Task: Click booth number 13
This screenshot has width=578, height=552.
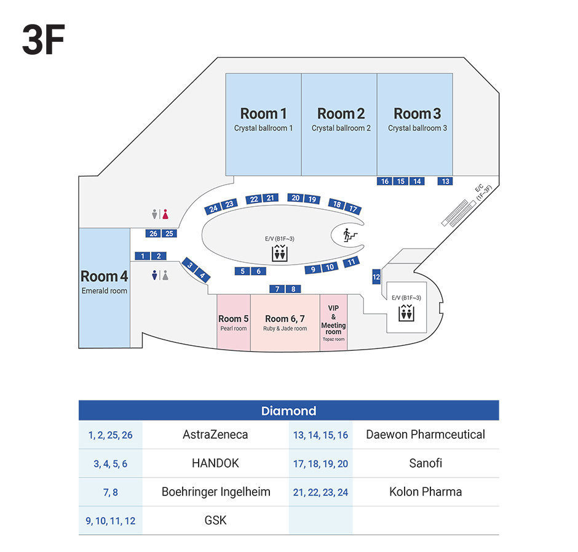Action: click(x=445, y=181)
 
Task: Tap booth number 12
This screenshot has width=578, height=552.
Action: click(x=376, y=278)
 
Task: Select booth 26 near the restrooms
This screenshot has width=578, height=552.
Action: click(x=154, y=233)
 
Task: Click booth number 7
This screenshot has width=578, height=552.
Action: click(x=277, y=289)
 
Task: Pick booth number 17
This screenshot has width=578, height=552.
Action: click(x=353, y=209)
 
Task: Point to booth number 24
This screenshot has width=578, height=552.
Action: click(x=213, y=209)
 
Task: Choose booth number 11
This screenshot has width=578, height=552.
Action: click(x=351, y=262)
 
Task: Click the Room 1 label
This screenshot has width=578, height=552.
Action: click(x=263, y=114)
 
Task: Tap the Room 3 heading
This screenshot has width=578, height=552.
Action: click(x=417, y=114)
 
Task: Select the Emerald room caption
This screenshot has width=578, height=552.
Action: click(x=105, y=290)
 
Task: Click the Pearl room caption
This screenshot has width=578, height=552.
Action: click(x=233, y=329)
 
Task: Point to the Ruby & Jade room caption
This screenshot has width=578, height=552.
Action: click(x=285, y=329)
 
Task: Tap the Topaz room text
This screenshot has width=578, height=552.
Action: click(x=333, y=339)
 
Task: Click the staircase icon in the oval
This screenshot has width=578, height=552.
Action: click(x=346, y=234)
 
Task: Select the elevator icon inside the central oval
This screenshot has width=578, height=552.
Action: click(x=279, y=253)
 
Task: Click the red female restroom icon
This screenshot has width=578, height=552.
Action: click(x=165, y=214)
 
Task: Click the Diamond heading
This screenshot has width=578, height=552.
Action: click(x=288, y=411)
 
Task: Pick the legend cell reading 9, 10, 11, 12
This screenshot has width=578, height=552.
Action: click(x=111, y=521)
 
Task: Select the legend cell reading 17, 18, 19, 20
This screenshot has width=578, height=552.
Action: click(x=320, y=463)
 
